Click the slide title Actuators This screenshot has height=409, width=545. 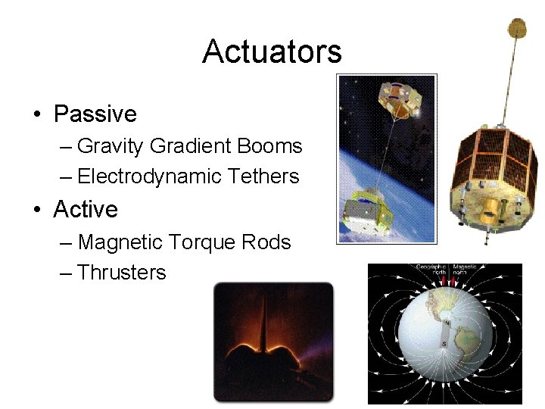coord(272,52)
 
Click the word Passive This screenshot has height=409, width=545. coord(95,114)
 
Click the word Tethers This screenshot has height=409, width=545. coord(263,176)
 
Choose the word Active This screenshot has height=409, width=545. coord(86,210)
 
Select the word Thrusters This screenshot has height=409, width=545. coord(121,273)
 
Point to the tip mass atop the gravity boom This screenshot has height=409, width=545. coord(517,29)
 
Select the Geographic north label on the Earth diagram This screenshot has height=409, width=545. coord(431,268)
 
